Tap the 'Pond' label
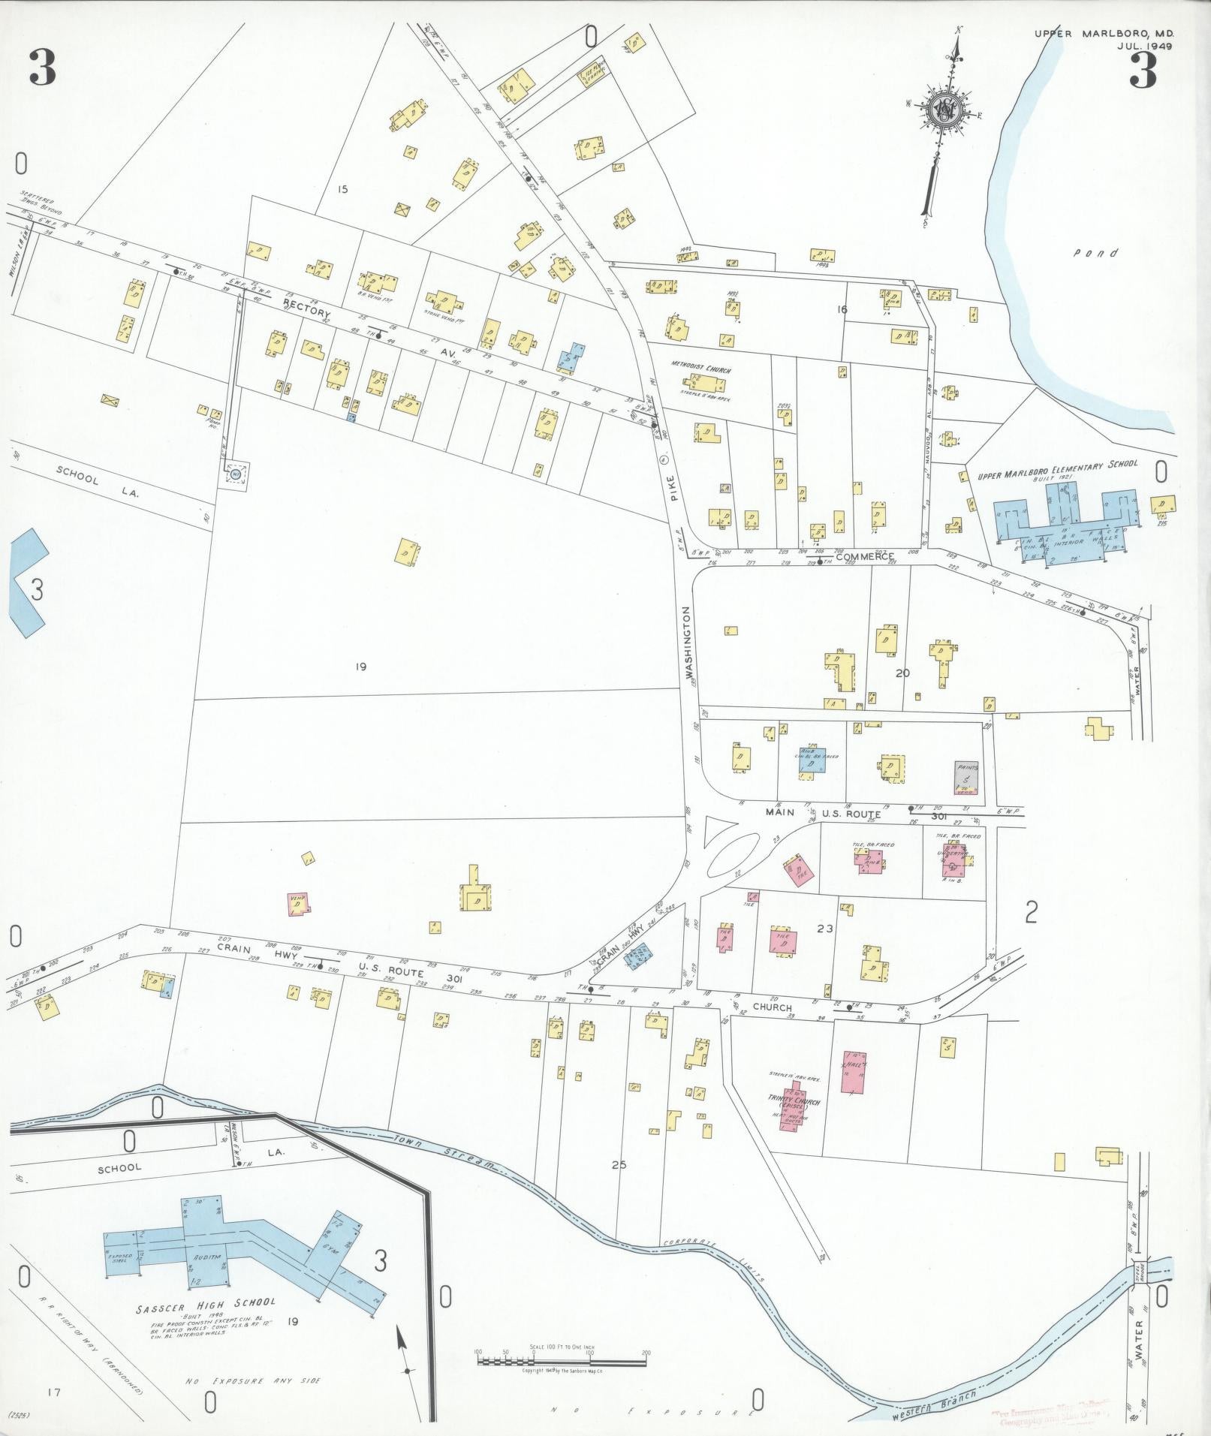click(1095, 254)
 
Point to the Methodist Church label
click(701, 371)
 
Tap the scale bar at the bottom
click(562, 1360)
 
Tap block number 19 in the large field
click(361, 667)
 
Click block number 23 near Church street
click(825, 929)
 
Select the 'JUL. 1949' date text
click(1144, 46)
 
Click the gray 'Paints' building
click(966, 777)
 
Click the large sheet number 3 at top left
click(42, 68)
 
